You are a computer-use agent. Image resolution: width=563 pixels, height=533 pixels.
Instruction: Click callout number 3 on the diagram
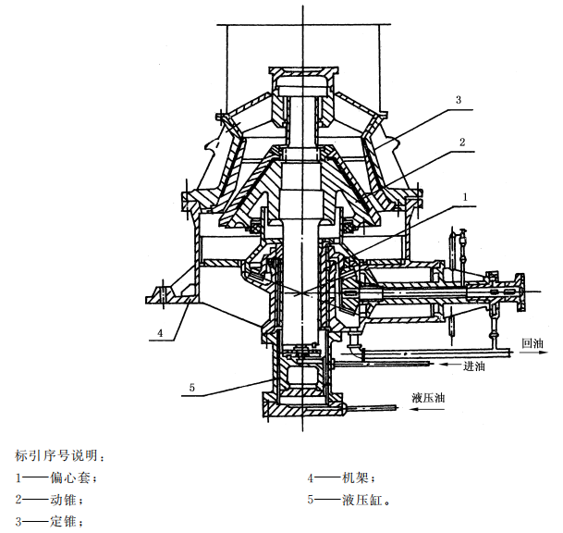(x=458, y=99)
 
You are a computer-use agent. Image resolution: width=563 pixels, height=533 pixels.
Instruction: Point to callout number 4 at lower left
(x=160, y=331)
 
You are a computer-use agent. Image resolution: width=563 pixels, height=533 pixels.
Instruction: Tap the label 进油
(x=473, y=366)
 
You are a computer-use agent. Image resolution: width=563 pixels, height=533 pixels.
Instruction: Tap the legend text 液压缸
(x=363, y=500)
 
